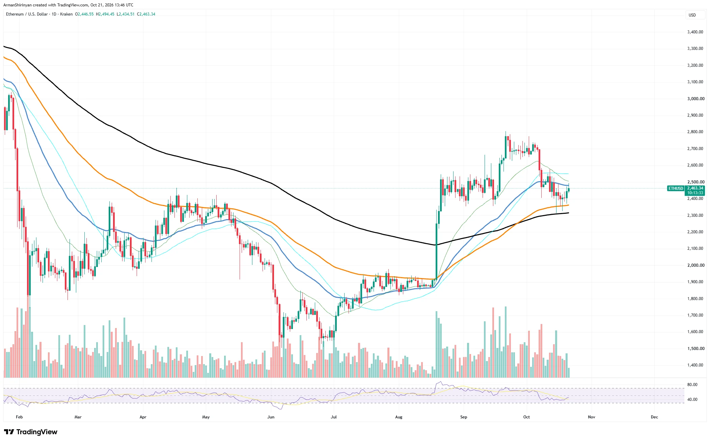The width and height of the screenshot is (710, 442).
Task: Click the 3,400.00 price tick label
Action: click(695, 32)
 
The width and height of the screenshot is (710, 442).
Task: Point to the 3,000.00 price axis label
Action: click(695, 99)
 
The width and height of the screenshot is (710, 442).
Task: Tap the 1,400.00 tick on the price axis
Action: click(695, 365)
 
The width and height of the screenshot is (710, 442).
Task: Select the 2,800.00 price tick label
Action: click(695, 132)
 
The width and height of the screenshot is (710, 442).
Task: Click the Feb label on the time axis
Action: click(19, 417)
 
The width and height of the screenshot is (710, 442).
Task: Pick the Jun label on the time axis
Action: click(271, 417)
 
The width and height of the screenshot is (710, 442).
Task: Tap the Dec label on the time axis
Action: click(654, 417)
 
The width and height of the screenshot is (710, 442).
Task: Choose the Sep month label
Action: click(464, 417)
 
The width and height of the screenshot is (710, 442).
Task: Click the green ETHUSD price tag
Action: click(676, 188)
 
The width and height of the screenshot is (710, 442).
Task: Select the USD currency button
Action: click(692, 15)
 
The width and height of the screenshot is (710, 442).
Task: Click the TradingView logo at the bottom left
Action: click(31, 432)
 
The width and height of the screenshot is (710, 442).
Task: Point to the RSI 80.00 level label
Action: click(692, 385)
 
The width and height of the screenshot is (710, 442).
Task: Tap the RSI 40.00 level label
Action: click(692, 400)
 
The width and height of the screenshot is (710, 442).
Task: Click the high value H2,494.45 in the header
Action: click(105, 14)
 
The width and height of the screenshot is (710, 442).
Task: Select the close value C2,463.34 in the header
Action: click(146, 14)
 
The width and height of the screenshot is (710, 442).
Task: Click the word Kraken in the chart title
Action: click(66, 14)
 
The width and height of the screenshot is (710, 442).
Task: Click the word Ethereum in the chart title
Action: click(15, 14)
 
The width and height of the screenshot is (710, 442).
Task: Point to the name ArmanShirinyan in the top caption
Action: click(18, 5)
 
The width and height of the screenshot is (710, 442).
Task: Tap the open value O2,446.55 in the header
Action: click(84, 14)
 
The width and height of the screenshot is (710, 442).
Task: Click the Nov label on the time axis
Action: click(592, 417)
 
